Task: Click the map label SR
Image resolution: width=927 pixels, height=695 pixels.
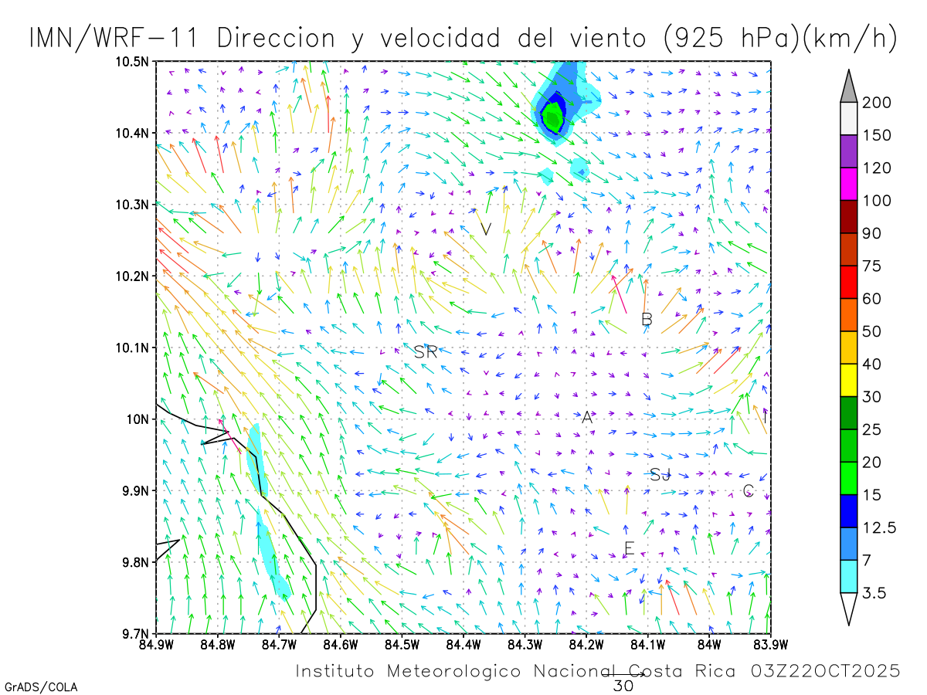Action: [x=426, y=352]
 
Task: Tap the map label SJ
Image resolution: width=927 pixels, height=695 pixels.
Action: [x=660, y=475]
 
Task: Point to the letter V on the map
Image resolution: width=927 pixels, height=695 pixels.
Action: [x=486, y=229]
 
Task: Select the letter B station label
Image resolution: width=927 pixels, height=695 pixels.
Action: [x=647, y=319]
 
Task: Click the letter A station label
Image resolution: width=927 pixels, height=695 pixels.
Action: [x=587, y=418]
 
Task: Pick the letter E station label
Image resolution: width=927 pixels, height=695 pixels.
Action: [x=629, y=549]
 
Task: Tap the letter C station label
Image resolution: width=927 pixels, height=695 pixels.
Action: [x=748, y=490]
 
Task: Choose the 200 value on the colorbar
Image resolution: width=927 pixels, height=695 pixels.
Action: [x=878, y=103]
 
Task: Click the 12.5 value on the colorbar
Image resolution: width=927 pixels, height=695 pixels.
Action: [x=880, y=527]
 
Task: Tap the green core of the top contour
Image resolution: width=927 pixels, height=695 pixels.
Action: [x=552, y=118]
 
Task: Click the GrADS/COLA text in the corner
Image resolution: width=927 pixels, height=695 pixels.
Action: [x=41, y=687]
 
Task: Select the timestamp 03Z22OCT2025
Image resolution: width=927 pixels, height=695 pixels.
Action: [x=825, y=671]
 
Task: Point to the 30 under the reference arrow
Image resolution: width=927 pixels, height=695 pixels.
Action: [x=623, y=686]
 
